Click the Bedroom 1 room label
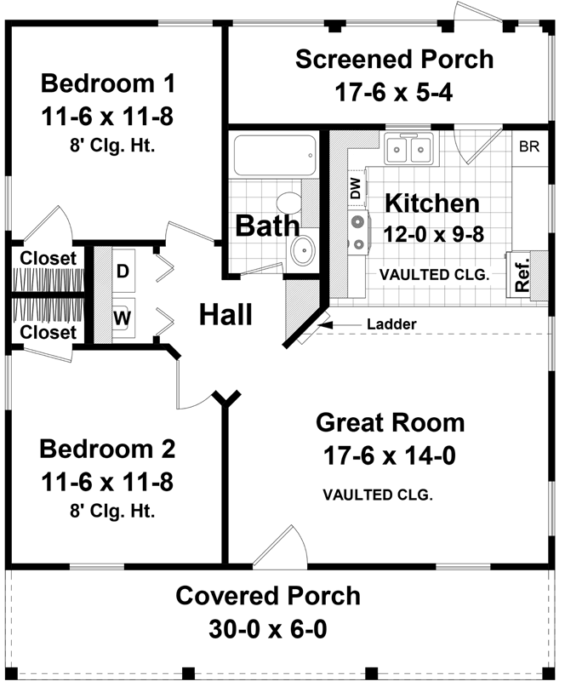pos(107,84)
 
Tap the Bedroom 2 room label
pos(107,449)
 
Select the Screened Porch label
pos(394,59)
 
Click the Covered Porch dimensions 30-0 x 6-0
pos(268,630)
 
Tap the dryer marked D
pos(123,271)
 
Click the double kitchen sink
pos(408,151)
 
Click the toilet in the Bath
pos(292,205)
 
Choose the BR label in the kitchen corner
pos(529,146)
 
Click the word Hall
pos(226,315)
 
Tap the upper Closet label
pos(49,257)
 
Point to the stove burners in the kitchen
pos(359,232)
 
